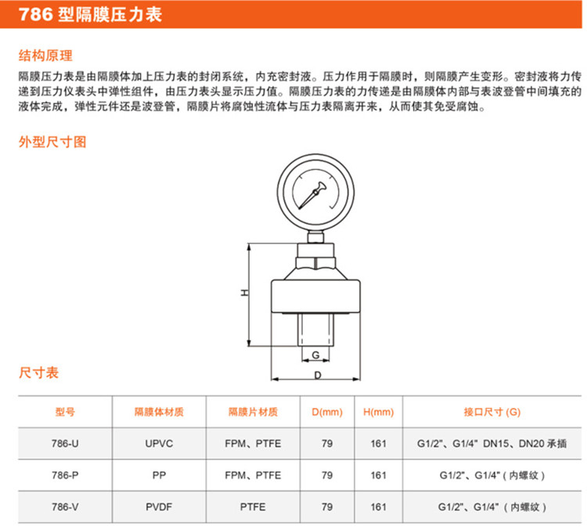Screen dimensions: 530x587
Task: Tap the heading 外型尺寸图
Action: pyautogui.click(x=52, y=143)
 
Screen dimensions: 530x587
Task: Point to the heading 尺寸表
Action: pyautogui.click(x=39, y=374)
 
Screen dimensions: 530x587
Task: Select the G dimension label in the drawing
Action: pyautogui.click(x=315, y=355)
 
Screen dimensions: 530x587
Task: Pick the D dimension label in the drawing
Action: pyautogui.click(x=317, y=376)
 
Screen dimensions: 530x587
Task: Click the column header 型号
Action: pyautogui.click(x=65, y=412)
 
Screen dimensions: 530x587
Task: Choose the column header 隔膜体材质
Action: pyautogui.click(x=159, y=412)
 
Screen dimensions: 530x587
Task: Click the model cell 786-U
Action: pyautogui.click(x=65, y=444)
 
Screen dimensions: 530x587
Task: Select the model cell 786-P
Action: pyautogui.click(x=65, y=475)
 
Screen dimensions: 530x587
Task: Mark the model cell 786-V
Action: pyautogui.click(x=65, y=507)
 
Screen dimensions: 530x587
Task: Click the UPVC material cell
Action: pyautogui.click(x=159, y=444)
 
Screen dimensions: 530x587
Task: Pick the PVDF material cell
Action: pyautogui.click(x=159, y=507)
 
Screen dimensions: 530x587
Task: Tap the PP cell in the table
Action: pyautogui.click(x=159, y=475)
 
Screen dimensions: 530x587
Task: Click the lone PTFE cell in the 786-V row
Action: pyautogui.click(x=253, y=507)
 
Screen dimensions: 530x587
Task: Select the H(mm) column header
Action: pyautogui.click(x=379, y=412)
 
